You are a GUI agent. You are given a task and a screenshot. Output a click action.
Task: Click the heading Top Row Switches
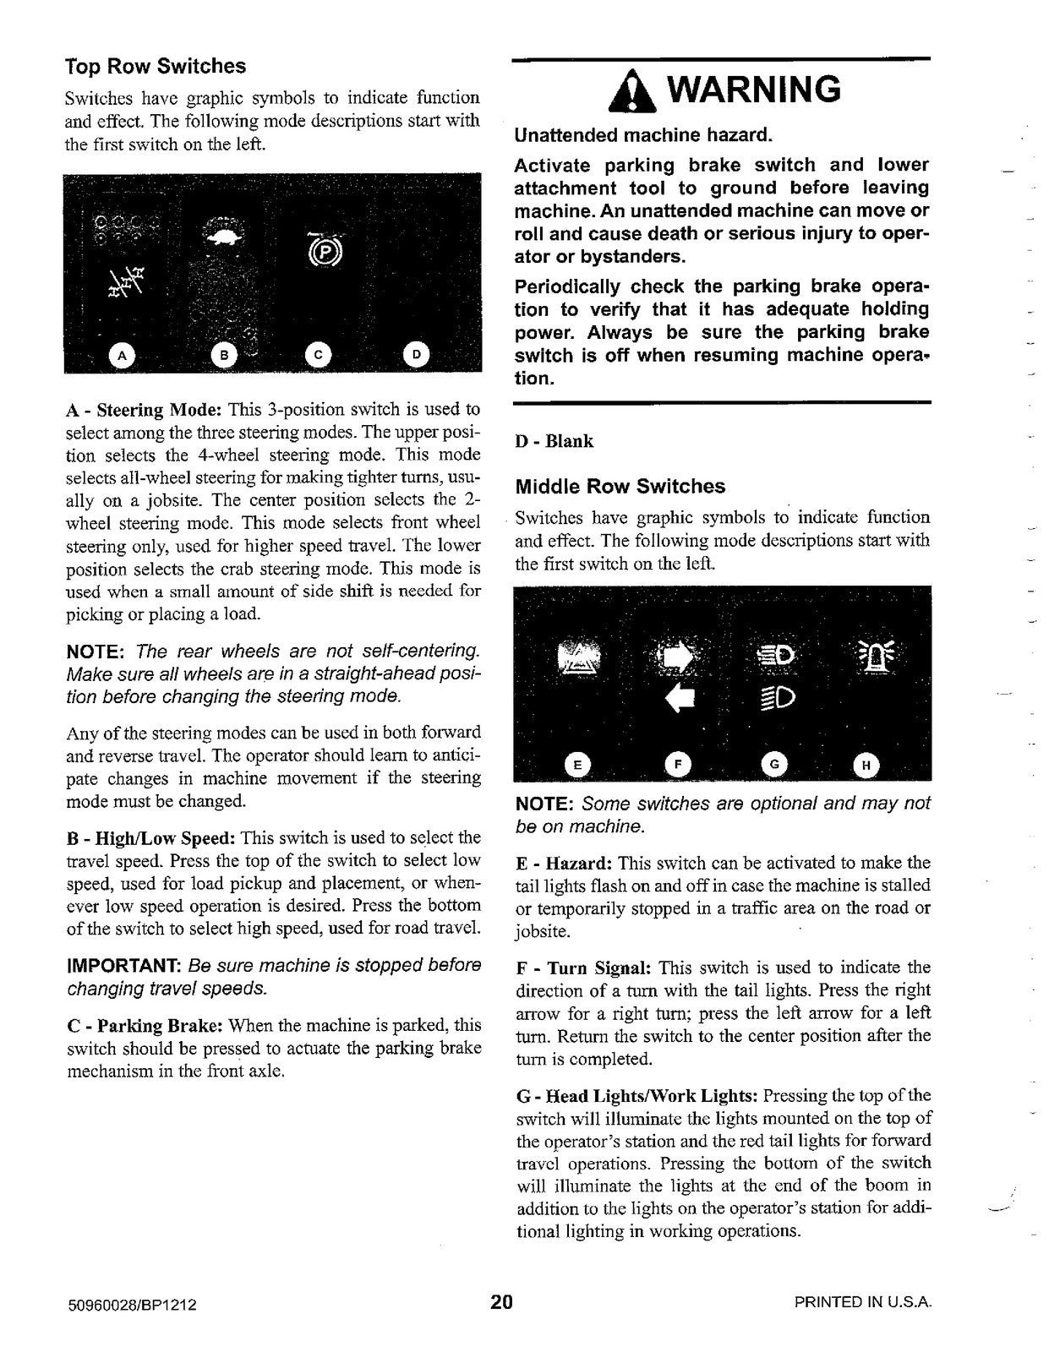[x=156, y=66]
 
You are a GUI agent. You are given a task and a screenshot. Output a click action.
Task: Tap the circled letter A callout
[x=122, y=356]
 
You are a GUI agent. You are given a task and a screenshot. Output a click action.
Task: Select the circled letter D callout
[x=417, y=355]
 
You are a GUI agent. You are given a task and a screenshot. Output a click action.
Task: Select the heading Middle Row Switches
[x=620, y=486]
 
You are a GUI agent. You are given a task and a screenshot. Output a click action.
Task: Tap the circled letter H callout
[x=865, y=766]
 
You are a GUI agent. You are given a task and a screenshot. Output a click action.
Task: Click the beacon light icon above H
[x=871, y=656]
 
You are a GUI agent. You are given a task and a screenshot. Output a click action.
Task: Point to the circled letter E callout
[x=577, y=766]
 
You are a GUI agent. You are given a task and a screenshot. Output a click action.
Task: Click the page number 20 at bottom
[x=501, y=1301]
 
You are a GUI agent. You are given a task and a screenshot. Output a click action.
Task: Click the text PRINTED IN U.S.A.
[x=862, y=1302]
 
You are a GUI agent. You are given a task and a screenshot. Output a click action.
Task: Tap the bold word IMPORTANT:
[x=123, y=965]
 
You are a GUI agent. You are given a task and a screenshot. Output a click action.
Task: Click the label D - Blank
[x=555, y=441]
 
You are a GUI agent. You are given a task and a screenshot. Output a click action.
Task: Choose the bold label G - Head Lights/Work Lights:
[x=637, y=1096]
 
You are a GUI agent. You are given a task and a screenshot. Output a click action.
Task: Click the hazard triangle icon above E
[x=579, y=659]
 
